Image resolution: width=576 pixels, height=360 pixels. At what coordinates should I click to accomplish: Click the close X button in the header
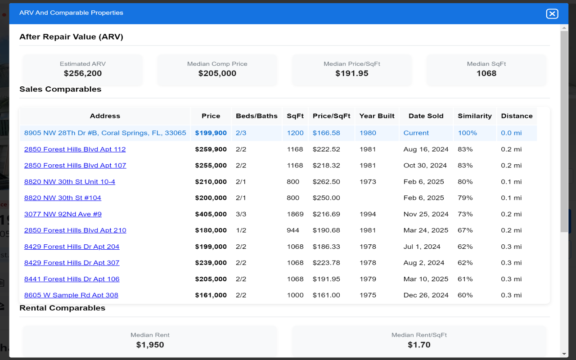pos(552,13)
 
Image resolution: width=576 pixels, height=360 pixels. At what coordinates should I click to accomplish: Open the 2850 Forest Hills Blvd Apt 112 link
pos(75,149)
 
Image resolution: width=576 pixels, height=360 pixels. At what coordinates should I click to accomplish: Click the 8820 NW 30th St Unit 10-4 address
pos(69,182)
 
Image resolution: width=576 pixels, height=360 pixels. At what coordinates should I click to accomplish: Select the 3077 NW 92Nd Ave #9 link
pos(63,214)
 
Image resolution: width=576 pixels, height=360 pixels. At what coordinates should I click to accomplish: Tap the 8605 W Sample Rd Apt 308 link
pos(71,295)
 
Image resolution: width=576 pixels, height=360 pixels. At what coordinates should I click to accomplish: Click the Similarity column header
pos(474,116)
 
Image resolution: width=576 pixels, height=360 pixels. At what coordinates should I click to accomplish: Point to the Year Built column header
pos(377,116)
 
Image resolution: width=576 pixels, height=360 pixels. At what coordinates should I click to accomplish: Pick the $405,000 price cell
pos(211,214)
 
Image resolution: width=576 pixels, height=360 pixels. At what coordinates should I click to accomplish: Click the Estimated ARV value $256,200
pos(83,73)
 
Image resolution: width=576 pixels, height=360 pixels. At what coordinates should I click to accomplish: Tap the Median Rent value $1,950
pos(150,345)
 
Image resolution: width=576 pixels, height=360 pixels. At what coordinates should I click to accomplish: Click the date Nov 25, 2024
pos(426,214)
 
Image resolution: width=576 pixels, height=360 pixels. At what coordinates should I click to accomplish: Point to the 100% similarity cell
pos(467,133)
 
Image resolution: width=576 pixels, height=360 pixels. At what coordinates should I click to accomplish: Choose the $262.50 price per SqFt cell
pos(326,182)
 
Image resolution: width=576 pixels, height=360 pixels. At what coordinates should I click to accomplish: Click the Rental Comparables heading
pos(62,308)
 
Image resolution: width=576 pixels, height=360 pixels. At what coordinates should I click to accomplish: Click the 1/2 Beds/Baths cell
pos(241,230)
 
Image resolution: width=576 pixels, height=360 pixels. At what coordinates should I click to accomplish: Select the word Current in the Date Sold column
pos(416,133)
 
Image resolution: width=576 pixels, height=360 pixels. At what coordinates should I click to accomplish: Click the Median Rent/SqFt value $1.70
pos(418,345)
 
